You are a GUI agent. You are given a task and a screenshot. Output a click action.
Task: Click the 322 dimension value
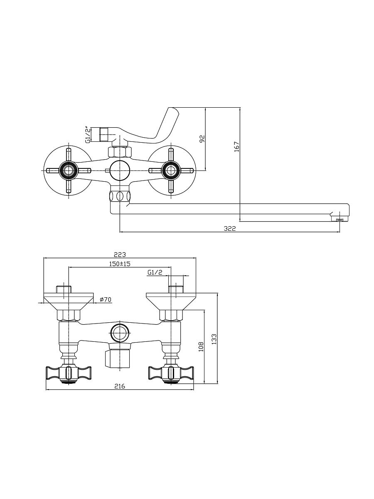230,228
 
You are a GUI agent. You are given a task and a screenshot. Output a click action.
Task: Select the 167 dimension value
236,147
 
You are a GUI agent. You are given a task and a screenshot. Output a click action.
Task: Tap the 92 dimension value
202,138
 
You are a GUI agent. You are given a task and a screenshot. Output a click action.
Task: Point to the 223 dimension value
120,254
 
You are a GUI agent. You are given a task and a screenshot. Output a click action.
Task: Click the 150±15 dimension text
120,264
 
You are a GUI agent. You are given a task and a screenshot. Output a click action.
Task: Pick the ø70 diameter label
106,300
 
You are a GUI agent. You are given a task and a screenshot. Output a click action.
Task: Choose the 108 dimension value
201,347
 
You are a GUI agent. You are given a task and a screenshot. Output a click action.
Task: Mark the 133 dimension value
214,339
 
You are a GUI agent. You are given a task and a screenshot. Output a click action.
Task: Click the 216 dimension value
120,386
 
